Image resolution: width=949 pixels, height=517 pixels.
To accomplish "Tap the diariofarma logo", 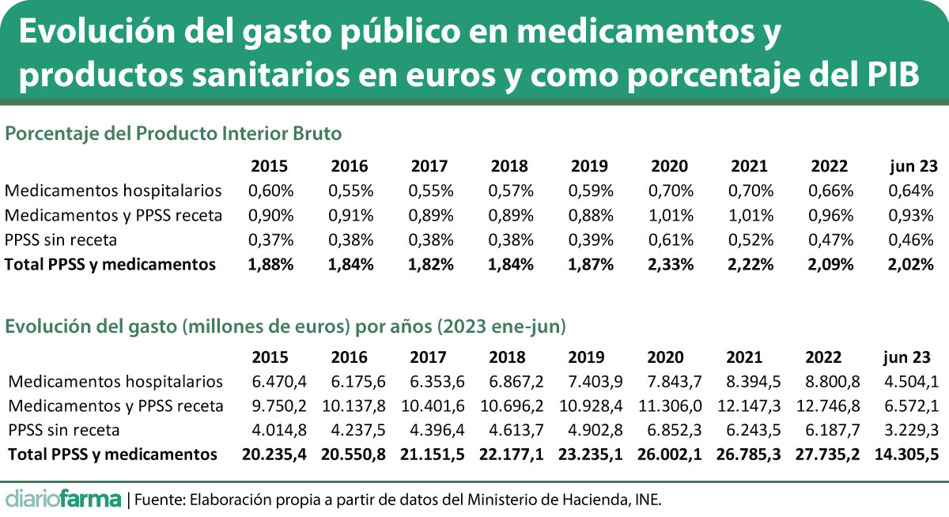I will (x=63, y=499).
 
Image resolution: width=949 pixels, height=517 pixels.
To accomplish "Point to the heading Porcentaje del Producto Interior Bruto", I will (x=174, y=134).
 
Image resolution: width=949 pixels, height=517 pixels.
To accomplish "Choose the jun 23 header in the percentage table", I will (x=913, y=166).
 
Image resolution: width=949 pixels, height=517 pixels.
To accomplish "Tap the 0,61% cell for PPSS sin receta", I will (x=671, y=240).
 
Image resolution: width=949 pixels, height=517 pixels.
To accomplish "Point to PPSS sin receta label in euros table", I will (x=64, y=431).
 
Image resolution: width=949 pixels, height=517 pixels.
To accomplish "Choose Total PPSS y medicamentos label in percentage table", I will (x=111, y=265).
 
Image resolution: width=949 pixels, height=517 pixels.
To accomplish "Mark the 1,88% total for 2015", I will (x=270, y=265).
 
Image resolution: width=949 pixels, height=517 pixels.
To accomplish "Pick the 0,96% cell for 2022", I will (x=830, y=215).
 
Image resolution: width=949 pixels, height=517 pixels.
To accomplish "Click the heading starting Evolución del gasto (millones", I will (x=285, y=325).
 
